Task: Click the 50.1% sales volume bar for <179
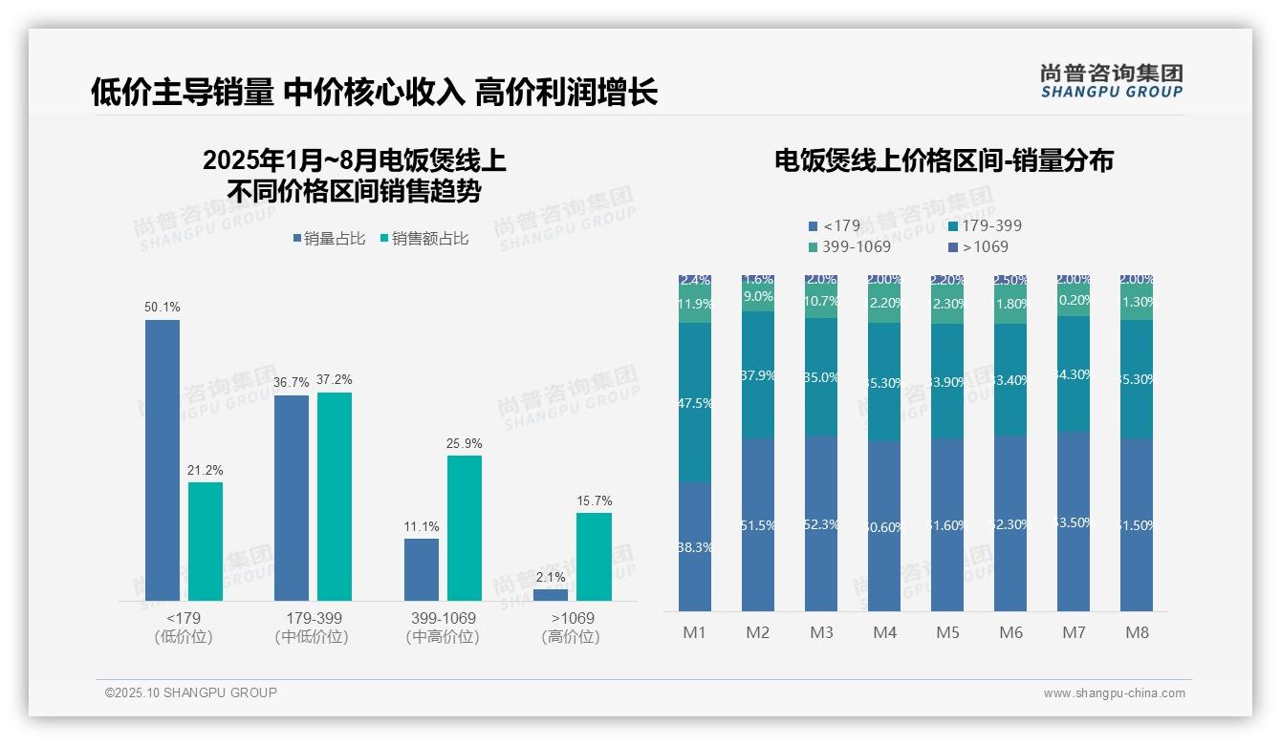(163, 459)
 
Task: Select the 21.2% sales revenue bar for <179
(206, 542)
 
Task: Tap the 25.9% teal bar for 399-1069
(465, 528)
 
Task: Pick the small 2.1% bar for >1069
(551, 595)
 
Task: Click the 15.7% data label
(594, 500)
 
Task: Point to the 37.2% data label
(335, 379)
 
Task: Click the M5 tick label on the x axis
(947, 632)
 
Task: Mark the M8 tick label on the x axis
(1137, 632)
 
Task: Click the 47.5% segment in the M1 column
(695, 402)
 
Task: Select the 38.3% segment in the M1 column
(695, 546)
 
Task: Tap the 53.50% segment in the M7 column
(1074, 521)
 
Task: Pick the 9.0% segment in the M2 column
(758, 297)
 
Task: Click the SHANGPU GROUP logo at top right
(1111, 81)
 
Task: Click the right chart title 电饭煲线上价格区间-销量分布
(943, 161)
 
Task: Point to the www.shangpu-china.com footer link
(1114, 693)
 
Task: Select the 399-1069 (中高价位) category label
(442, 628)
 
